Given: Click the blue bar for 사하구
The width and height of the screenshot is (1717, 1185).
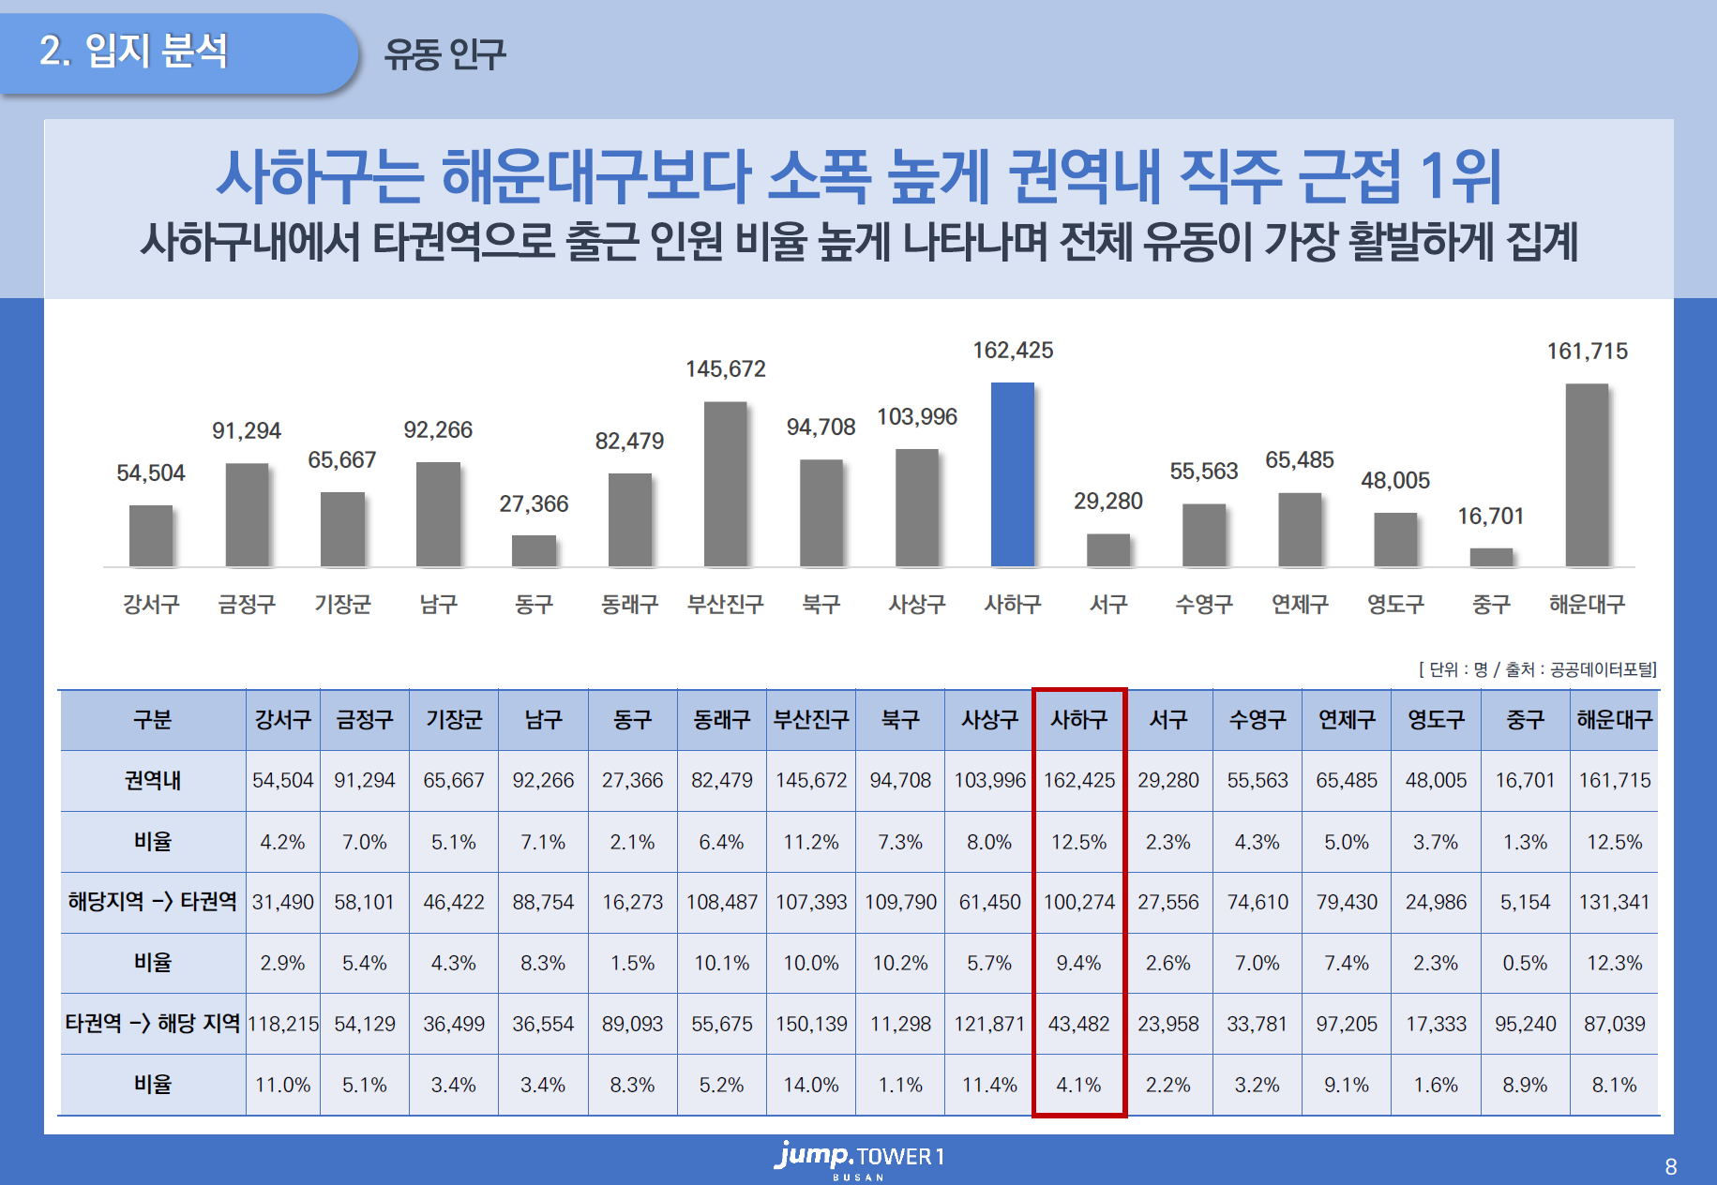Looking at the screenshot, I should point(1013,474).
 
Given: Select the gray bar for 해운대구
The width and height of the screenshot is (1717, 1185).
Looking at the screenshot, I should point(1587,475).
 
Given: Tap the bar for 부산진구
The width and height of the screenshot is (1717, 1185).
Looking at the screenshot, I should point(725,484).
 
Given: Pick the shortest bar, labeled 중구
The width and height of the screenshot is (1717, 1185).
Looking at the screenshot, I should point(1491,557).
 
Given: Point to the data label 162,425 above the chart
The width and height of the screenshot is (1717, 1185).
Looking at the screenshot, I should point(1013,351).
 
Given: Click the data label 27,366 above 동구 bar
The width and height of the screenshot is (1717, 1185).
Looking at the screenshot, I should point(534,504).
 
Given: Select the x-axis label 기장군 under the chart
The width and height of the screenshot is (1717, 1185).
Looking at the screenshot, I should point(342,605).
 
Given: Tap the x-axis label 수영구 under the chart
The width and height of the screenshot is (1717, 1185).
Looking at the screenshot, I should point(1204,605).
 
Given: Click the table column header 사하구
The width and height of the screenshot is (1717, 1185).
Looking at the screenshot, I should point(1079,720).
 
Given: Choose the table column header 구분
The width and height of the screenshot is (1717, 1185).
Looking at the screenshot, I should point(153,720).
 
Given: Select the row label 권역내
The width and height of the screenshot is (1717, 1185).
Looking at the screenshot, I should point(153,780).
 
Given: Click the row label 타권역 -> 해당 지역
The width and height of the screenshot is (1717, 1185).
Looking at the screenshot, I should point(153,1024).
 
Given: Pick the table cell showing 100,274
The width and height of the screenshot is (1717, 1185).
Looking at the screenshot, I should point(1079,902).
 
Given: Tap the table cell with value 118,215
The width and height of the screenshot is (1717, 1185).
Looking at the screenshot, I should point(283,1024).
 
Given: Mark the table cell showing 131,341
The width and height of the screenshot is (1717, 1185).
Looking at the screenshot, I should point(1614,902).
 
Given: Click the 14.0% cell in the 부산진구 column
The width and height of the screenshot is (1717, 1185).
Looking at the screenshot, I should point(811,1085).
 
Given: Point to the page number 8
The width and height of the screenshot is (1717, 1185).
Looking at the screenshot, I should point(1671,1167).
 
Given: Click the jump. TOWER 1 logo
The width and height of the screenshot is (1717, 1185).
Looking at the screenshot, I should point(859,1159).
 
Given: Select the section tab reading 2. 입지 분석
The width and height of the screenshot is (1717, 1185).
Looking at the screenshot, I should point(134,51).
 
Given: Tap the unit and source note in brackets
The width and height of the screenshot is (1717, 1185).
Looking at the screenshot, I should point(1538,669).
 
